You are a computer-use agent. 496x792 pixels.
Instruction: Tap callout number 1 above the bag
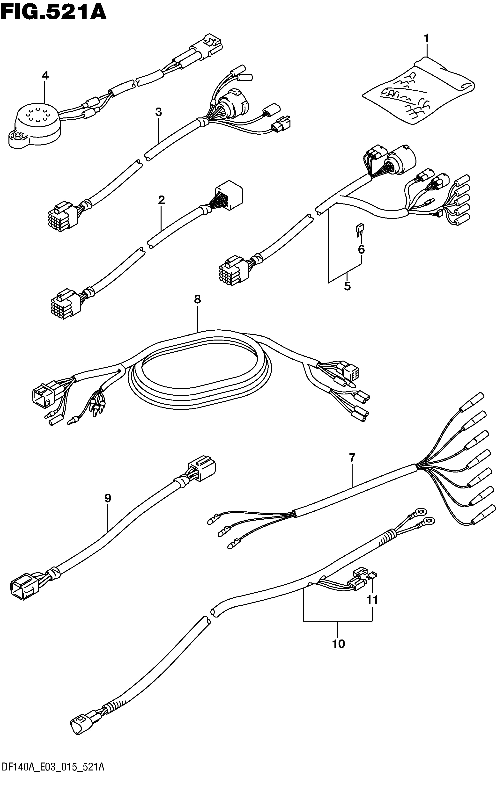[x=426, y=39]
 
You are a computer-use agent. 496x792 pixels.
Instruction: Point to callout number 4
[x=45, y=76]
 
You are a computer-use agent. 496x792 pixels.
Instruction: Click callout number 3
[x=158, y=112]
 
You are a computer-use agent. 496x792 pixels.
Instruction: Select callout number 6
[x=361, y=250]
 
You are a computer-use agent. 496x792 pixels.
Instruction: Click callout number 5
[x=348, y=286]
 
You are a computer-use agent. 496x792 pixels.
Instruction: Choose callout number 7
[x=352, y=458]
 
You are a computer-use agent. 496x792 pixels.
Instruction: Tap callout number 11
[x=372, y=600]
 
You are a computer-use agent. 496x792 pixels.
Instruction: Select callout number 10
[x=339, y=644]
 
